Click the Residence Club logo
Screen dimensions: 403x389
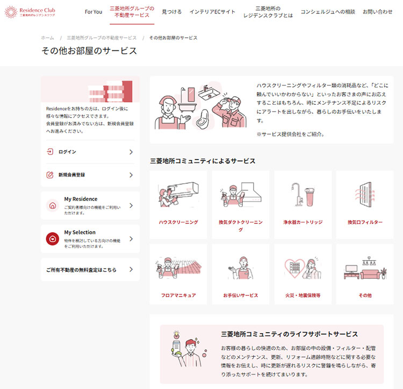point(30,12)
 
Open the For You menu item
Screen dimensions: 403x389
point(93,12)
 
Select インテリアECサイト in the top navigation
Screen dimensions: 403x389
point(212,12)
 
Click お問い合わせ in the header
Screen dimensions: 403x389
point(378,12)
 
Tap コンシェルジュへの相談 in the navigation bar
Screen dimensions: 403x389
point(328,12)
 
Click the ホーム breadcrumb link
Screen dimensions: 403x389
point(47,38)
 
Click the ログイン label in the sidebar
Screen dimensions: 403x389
point(67,152)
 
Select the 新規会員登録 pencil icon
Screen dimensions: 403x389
point(50,175)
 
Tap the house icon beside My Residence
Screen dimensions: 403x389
point(53,206)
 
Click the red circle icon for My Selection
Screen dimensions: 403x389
point(53,239)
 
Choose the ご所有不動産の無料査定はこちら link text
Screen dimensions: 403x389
point(81,270)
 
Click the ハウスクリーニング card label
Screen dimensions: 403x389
point(178,222)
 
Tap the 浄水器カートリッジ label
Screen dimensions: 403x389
point(303,222)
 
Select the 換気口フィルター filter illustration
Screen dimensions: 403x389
point(365,195)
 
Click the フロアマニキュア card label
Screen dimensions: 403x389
point(178,296)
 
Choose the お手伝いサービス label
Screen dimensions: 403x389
point(241,296)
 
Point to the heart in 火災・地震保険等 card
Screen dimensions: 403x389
point(295,268)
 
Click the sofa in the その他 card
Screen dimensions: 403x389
point(370,274)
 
